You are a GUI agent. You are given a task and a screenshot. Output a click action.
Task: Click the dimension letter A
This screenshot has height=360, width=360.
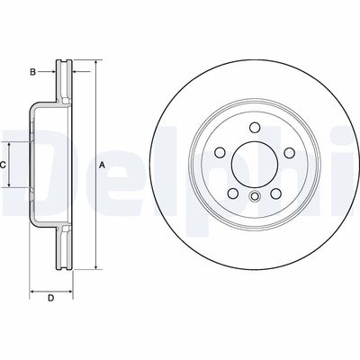point(102,165)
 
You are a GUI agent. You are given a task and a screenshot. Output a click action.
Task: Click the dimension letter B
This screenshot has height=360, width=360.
point(32,70)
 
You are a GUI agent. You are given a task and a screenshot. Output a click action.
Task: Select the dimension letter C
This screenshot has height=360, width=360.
point(4,165)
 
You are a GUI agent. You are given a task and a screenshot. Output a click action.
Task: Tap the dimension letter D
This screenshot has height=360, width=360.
point(51,297)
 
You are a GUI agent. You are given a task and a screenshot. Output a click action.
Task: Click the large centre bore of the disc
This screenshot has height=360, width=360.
point(254,163)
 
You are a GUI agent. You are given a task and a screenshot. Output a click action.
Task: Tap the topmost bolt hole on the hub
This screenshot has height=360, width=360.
point(254,127)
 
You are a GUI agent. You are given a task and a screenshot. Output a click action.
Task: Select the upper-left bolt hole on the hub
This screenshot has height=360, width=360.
point(220,152)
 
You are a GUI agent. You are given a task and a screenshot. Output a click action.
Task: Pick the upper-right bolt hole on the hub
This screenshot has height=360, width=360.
point(288,152)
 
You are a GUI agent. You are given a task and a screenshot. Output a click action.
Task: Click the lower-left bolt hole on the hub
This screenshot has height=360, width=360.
point(232,193)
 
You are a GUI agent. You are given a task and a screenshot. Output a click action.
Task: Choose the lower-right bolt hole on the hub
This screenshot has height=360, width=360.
point(275,193)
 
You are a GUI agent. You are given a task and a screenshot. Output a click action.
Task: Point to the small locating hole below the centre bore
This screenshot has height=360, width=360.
point(254,198)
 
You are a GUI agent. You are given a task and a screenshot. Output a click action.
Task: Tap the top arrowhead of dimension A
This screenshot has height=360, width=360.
point(94,63)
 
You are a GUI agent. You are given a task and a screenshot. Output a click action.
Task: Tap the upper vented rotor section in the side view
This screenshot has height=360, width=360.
point(64,81)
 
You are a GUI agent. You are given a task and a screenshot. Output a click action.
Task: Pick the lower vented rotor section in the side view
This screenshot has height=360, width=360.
point(64,247)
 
